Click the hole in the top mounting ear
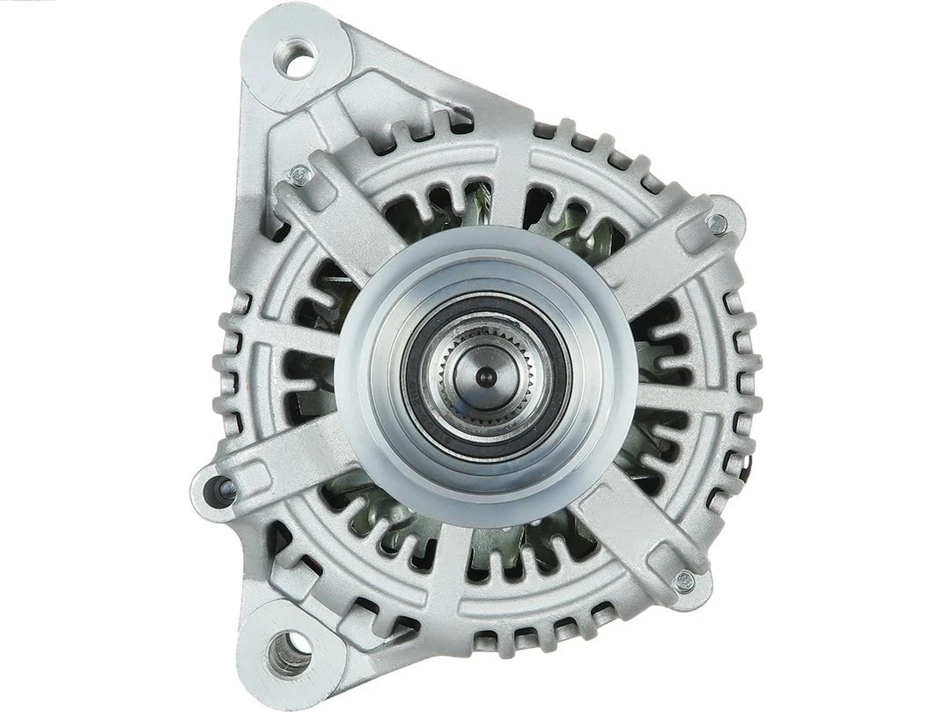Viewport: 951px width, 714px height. [299, 60]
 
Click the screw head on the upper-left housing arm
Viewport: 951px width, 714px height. [300, 175]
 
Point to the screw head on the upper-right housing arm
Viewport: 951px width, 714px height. [718, 224]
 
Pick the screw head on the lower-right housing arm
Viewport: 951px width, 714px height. [684, 581]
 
